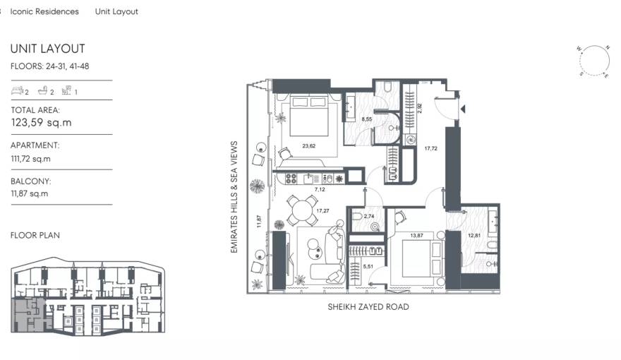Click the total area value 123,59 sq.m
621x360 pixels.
pyautogui.click(x=41, y=123)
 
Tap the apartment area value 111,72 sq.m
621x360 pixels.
pyautogui.click(x=30, y=159)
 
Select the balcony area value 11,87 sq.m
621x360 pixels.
pyautogui.click(x=29, y=193)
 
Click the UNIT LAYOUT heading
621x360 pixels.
pyautogui.click(x=47, y=49)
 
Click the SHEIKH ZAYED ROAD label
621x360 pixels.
pyautogui.click(x=368, y=307)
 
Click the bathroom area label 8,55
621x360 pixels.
pyautogui.click(x=367, y=120)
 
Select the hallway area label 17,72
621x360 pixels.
pyautogui.click(x=431, y=149)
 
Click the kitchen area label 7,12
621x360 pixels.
pyautogui.click(x=318, y=190)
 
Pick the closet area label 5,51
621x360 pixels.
pyautogui.click(x=367, y=266)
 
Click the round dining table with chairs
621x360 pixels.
pyautogui.click(x=303, y=210)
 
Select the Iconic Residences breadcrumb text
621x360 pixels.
pyautogui.click(x=44, y=12)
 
